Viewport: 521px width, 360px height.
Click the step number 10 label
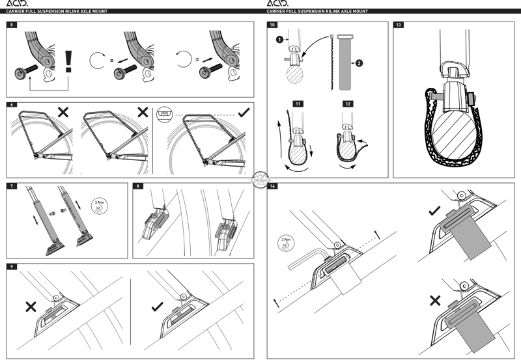272,25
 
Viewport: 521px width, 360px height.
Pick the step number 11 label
298,103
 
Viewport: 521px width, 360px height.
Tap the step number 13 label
399,25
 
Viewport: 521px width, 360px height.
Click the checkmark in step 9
156,306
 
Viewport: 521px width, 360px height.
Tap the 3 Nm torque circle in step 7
98,204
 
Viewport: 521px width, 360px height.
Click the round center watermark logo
260,180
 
